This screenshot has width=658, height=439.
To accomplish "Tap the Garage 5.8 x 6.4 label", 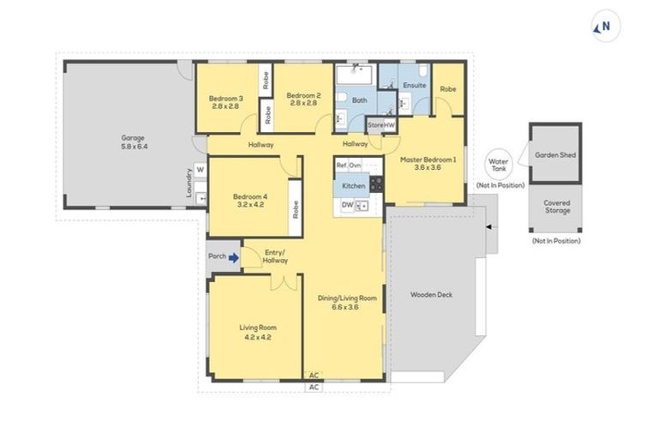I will pyautogui.click(x=133, y=141).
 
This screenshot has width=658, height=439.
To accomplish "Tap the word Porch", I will pyautogui.click(x=216, y=256).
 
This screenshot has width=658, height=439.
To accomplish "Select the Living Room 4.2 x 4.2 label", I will pyautogui.click(x=257, y=332).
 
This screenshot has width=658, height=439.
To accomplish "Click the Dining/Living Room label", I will pyautogui.click(x=347, y=302).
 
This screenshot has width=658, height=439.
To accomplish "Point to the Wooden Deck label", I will pyautogui.click(x=431, y=295).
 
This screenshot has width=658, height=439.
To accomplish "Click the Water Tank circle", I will pyautogui.click(x=498, y=164).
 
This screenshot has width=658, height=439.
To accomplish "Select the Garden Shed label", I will pyautogui.click(x=555, y=156).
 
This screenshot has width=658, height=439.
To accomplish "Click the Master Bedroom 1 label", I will pyautogui.click(x=428, y=163).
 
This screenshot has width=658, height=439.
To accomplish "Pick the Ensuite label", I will pyautogui.click(x=415, y=86).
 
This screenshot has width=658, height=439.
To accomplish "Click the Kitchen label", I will pyautogui.click(x=354, y=185).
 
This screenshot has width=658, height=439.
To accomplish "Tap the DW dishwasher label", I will pyautogui.click(x=347, y=205).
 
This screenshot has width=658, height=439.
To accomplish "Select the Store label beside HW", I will pyautogui.click(x=374, y=126).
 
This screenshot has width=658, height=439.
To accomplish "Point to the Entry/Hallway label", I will pyautogui.click(x=275, y=256).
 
